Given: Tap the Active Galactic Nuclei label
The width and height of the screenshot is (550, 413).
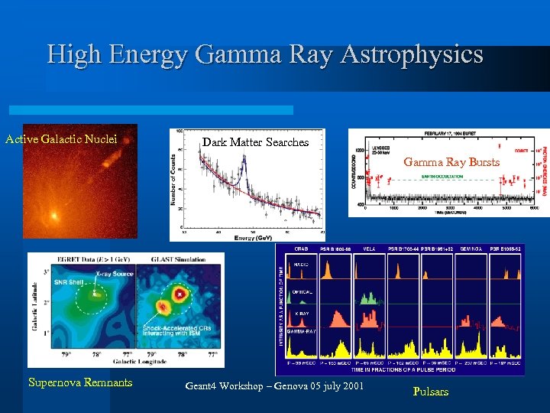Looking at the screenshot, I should point(61,139).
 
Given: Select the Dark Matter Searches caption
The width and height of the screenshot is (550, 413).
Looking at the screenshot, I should point(255,141).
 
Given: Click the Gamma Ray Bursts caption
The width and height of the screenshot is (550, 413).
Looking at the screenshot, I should point(451,161).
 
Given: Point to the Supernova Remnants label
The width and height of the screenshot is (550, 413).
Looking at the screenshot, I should point(80,382).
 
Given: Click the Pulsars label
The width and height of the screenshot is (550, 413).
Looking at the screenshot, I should point(431,392).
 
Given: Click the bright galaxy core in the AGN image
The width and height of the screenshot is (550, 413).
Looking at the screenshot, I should point(53,216).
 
